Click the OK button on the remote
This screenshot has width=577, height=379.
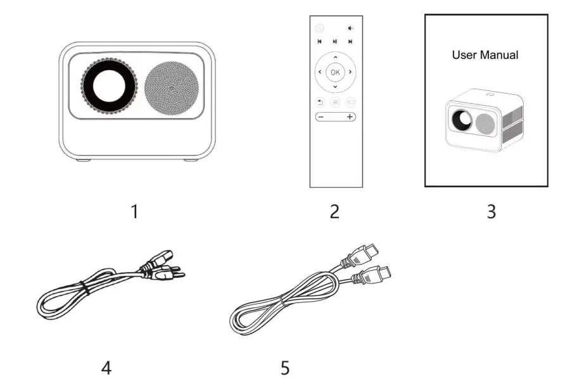pyautogui.click(x=335, y=72)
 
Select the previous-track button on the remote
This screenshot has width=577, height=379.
pyautogui.click(x=320, y=42)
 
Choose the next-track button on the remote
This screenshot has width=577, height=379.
pyautogui.click(x=350, y=42)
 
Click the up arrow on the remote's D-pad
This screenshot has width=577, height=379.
pyautogui.click(x=335, y=58)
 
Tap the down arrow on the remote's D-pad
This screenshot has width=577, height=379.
pyautogui.click(x=335, y=87)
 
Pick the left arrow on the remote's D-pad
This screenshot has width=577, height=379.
pyautogui.click(x=320, y=72)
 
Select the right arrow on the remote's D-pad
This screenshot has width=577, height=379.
pyautogui.click(x=350, y=72)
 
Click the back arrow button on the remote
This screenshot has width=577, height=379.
pyautogui.click(x=320, y=101)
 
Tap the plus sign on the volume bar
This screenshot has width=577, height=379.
pyautogui.click(x=349, y=117)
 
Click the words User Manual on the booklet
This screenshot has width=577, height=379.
pyautogui.click(x=485, y=55)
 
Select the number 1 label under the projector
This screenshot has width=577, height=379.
pyautogui.click(x=134, y=211)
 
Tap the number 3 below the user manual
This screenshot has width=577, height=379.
pyautogui.click(x=491, y=211)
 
